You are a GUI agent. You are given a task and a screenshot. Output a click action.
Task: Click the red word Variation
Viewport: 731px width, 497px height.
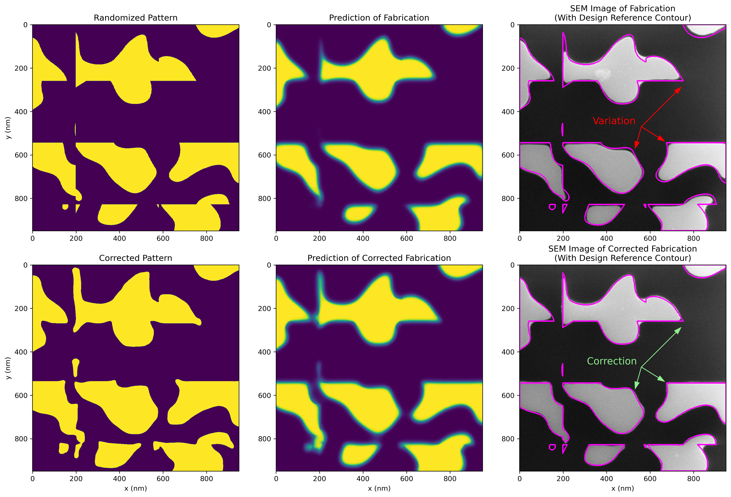pyautogui.click(x=614, y=121)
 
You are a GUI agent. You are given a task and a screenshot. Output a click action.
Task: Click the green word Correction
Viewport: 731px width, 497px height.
pyautogui.click(x=612, y=361)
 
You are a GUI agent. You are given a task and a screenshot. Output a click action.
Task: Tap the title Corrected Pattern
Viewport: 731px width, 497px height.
pyautogui.click(x=136, y=258)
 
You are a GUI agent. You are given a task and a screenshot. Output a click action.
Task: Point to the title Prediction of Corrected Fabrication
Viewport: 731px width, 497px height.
pyautogui.click(x=379, y=258)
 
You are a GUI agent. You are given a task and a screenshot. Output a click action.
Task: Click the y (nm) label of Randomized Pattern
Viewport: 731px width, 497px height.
pyautogui.click(x=8, y=128)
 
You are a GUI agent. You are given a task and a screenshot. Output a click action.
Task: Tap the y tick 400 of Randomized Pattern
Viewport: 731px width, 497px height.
pyautogui.click(x=21, y=112)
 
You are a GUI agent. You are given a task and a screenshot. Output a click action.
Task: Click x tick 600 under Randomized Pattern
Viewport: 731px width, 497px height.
pyautogui.click(x=163, y=238)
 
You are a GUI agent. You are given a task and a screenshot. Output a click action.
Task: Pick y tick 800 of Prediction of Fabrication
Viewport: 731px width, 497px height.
pyautogui.click(x=265, y=198)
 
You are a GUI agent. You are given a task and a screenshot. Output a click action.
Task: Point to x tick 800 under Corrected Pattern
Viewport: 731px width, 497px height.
pyautogui.click(x=206, y=479)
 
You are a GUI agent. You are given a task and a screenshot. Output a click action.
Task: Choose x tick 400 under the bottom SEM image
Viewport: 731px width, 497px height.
pyautogui.click(x=606, y=479)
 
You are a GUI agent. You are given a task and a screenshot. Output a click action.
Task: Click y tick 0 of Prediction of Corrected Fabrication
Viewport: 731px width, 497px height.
pyautogui.click(x=269, y=265)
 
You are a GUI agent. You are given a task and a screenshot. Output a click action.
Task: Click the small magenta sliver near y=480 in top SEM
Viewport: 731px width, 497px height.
pyautogui.click(x=562, y=129)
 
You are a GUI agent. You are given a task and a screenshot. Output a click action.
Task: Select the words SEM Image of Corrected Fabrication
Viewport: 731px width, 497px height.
pyautogui.click(x=622, y=249)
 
